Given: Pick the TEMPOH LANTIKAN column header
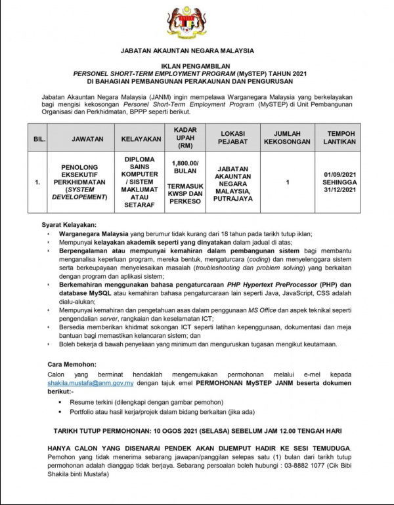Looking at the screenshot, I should click(339, 138).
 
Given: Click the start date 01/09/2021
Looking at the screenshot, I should click(339, 174).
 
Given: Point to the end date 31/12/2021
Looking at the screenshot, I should click(339, 190).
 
